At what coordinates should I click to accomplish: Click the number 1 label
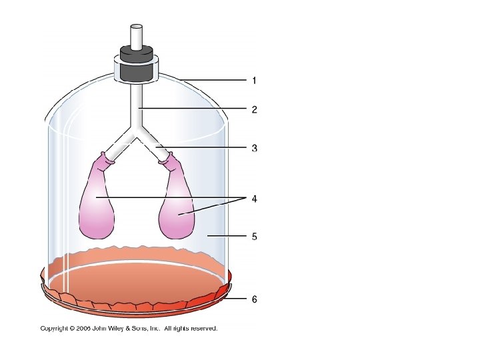tap(254, 81)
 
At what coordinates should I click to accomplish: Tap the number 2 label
tap(254, 109)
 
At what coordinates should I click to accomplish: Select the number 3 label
tap(254, 148)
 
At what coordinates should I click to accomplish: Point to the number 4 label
tap(254, 199)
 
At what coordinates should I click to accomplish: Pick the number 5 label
tap(254, 236)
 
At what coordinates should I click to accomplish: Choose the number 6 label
tap(254, 299)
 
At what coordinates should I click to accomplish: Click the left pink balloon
tap(97, 203)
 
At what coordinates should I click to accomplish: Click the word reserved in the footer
tap(203, 329)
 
